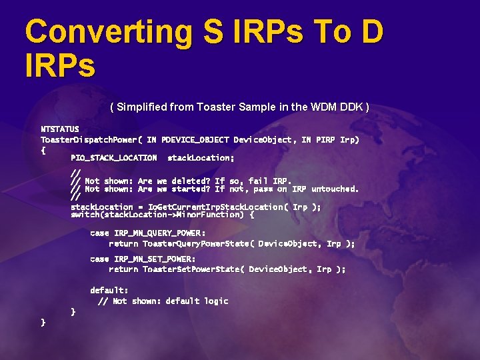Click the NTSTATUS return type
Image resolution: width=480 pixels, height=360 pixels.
tap(60, 129)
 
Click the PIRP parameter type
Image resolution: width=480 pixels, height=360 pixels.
tap(326, 140)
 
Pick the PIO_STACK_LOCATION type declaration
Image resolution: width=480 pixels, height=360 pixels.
tap(114, 158)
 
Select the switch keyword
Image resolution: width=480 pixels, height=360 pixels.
tap(85, 215)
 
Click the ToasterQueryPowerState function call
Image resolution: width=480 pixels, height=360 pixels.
tap(197, 244)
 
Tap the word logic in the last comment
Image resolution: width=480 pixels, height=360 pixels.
tap(216, 301)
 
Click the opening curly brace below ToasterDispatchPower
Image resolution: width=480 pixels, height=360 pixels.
tap(43, 151)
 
